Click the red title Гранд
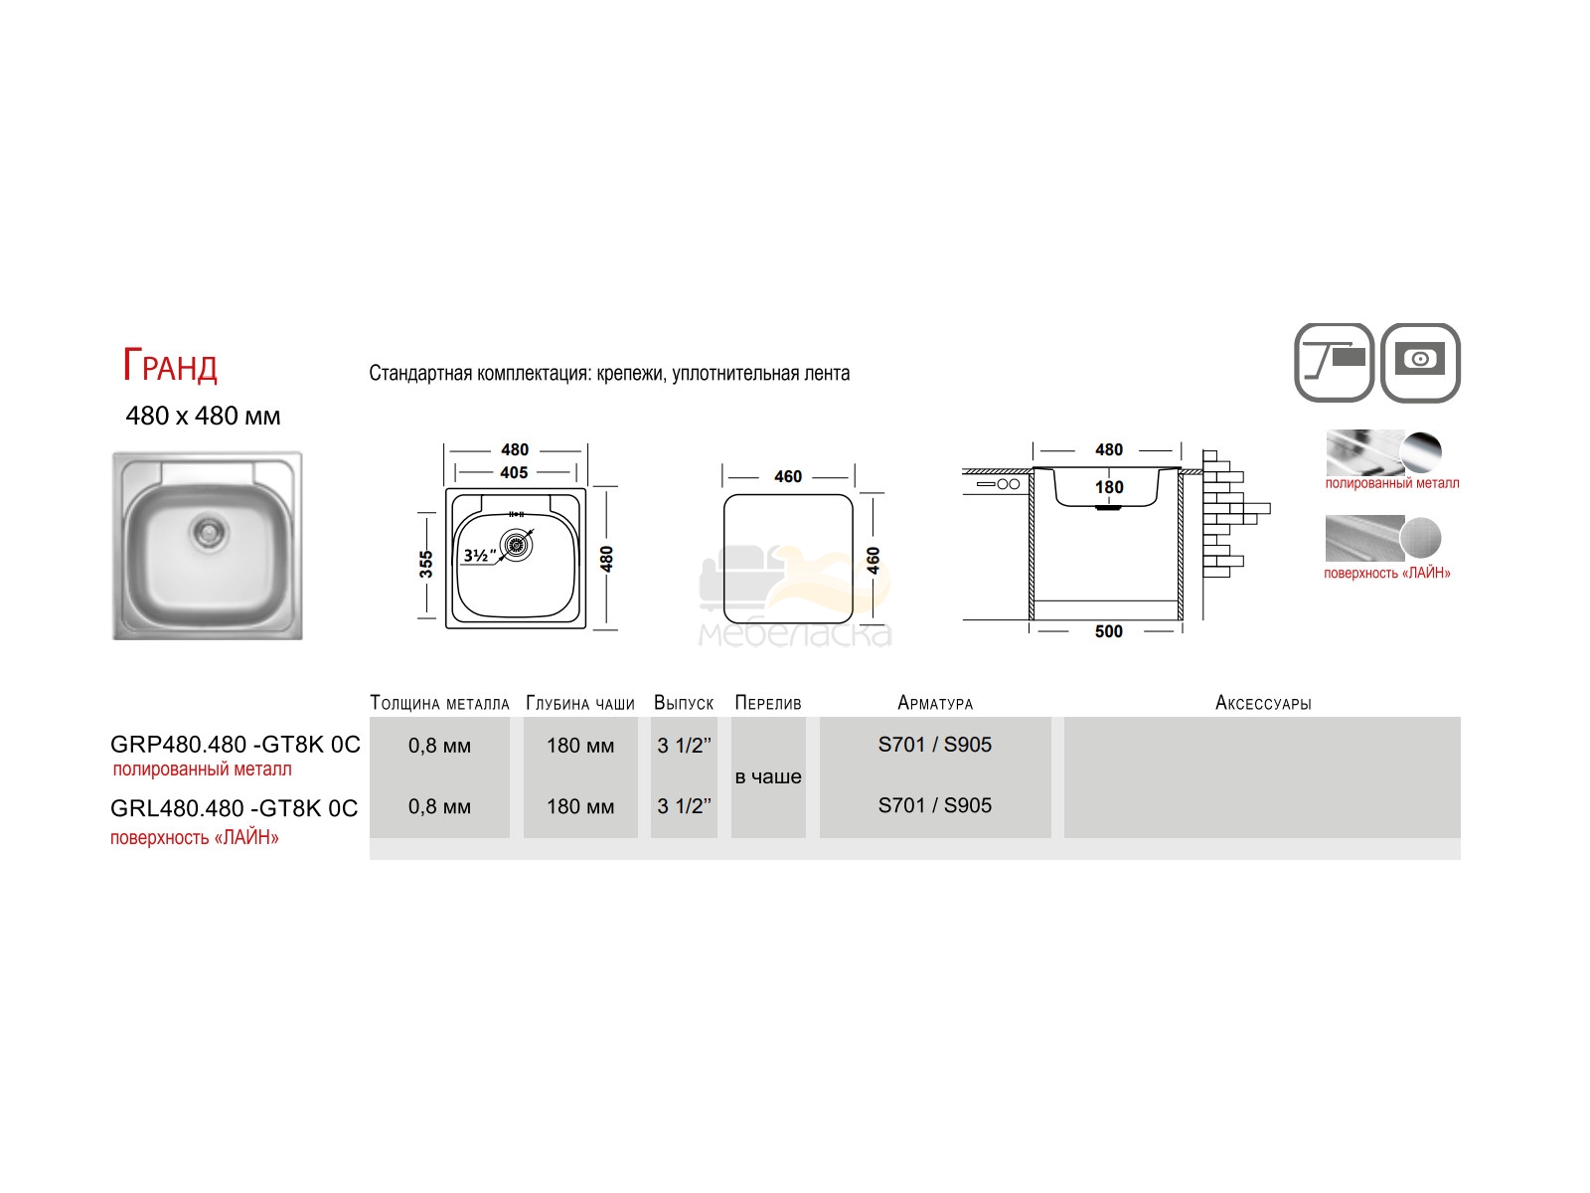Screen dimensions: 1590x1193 (x=170, y=365)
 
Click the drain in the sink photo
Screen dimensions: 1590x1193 (x=210, y=533)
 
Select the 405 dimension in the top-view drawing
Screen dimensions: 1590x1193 (x=515, y=473)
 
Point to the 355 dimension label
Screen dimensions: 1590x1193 (x=426, y=564)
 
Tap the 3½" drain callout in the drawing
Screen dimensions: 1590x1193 (x=480, y=556)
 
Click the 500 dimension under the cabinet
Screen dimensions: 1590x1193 (x=1108, y=631)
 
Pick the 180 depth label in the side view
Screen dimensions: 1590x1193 (x=1109, y=487)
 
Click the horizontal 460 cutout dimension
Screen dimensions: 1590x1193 (x=788, y=476)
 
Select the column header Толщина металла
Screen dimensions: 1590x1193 (x=439, y=703)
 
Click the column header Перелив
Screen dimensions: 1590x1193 (x=768, y=703)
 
